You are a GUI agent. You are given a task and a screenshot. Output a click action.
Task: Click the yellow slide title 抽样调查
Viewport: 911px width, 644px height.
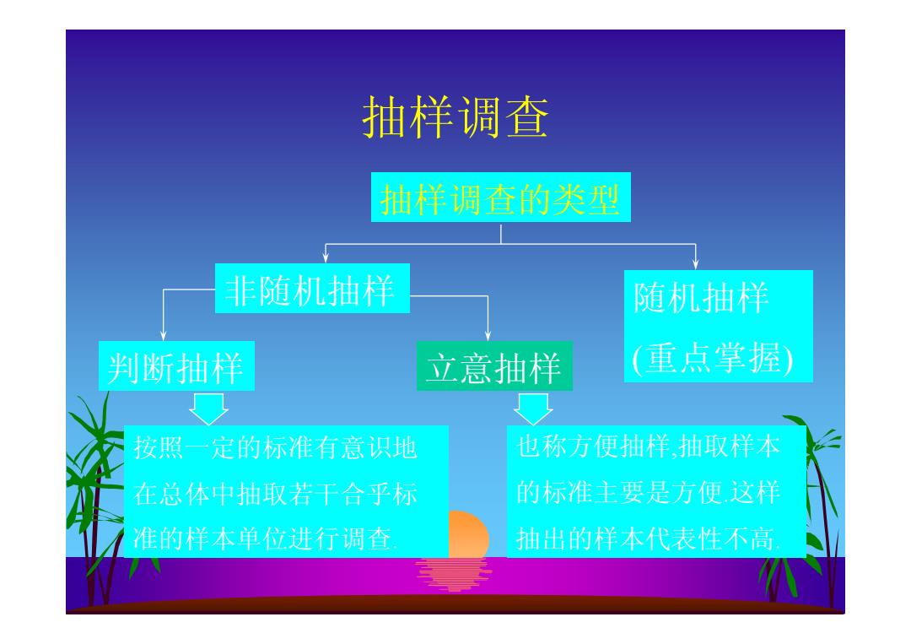(455, 117)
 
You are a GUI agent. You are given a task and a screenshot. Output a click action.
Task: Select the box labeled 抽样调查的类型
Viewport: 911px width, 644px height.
(501, 197)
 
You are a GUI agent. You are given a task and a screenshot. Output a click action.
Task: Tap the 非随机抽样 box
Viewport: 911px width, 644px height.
(313, 289)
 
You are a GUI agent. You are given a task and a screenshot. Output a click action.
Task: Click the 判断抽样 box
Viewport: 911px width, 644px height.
(176, 365)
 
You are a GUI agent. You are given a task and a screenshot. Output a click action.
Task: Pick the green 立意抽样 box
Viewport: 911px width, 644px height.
(494, 365)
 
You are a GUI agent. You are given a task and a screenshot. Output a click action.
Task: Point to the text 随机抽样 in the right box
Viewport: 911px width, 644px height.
(701, 298)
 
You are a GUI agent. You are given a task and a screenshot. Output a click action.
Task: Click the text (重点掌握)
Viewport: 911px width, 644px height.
(712, 358)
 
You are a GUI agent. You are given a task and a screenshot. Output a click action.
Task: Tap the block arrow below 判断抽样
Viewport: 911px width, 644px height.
(208, 409)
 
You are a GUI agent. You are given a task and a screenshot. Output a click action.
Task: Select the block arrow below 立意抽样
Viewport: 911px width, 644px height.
(533, 409)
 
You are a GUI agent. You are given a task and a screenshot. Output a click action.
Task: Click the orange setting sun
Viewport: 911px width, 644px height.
(469, 533)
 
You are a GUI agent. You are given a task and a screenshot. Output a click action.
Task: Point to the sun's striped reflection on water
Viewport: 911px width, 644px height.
(454, 574)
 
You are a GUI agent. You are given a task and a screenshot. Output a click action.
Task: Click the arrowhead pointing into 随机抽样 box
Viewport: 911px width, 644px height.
(695, 264)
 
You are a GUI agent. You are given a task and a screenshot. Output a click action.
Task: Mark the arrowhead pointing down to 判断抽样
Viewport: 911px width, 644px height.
(164, 335)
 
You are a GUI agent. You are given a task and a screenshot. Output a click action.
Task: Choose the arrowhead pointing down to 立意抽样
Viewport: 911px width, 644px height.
(488, 335)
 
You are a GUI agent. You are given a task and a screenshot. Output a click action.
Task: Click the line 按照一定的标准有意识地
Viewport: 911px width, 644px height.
(275, 448)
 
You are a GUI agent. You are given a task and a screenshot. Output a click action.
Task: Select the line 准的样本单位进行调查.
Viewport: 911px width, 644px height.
(266, 538)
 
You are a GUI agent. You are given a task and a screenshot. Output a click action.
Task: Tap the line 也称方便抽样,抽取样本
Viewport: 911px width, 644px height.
(649, 446)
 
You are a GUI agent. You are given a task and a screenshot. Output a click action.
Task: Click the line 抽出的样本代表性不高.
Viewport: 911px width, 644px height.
(649, 538)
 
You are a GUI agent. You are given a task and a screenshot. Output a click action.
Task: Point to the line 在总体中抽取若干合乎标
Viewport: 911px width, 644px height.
(275, 494)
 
